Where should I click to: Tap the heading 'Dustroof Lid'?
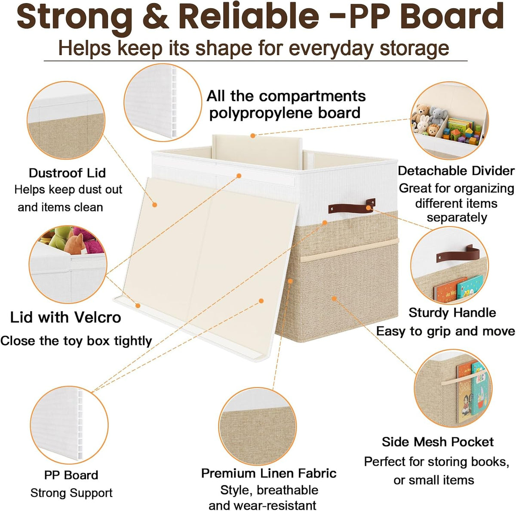[x=67, y=173]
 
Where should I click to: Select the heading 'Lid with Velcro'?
[x=66, y=318]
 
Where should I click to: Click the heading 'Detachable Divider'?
[x=456, y=171]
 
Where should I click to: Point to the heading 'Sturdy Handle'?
[x=452, y=313]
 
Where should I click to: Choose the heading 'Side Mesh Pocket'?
[x=438, y=442]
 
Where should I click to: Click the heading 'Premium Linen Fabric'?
[x=269, y=474]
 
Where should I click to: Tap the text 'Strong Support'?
[x=71, y=493]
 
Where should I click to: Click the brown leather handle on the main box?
[x=352, y=206]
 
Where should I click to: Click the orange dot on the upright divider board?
[x=253, y=136]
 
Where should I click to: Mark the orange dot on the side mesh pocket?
[x=334, y=298]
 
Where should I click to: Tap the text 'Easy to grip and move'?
[x=445, y=331]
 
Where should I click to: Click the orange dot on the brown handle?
[x=369, y=207]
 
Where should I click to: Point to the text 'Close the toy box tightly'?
[x=76, y=341]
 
